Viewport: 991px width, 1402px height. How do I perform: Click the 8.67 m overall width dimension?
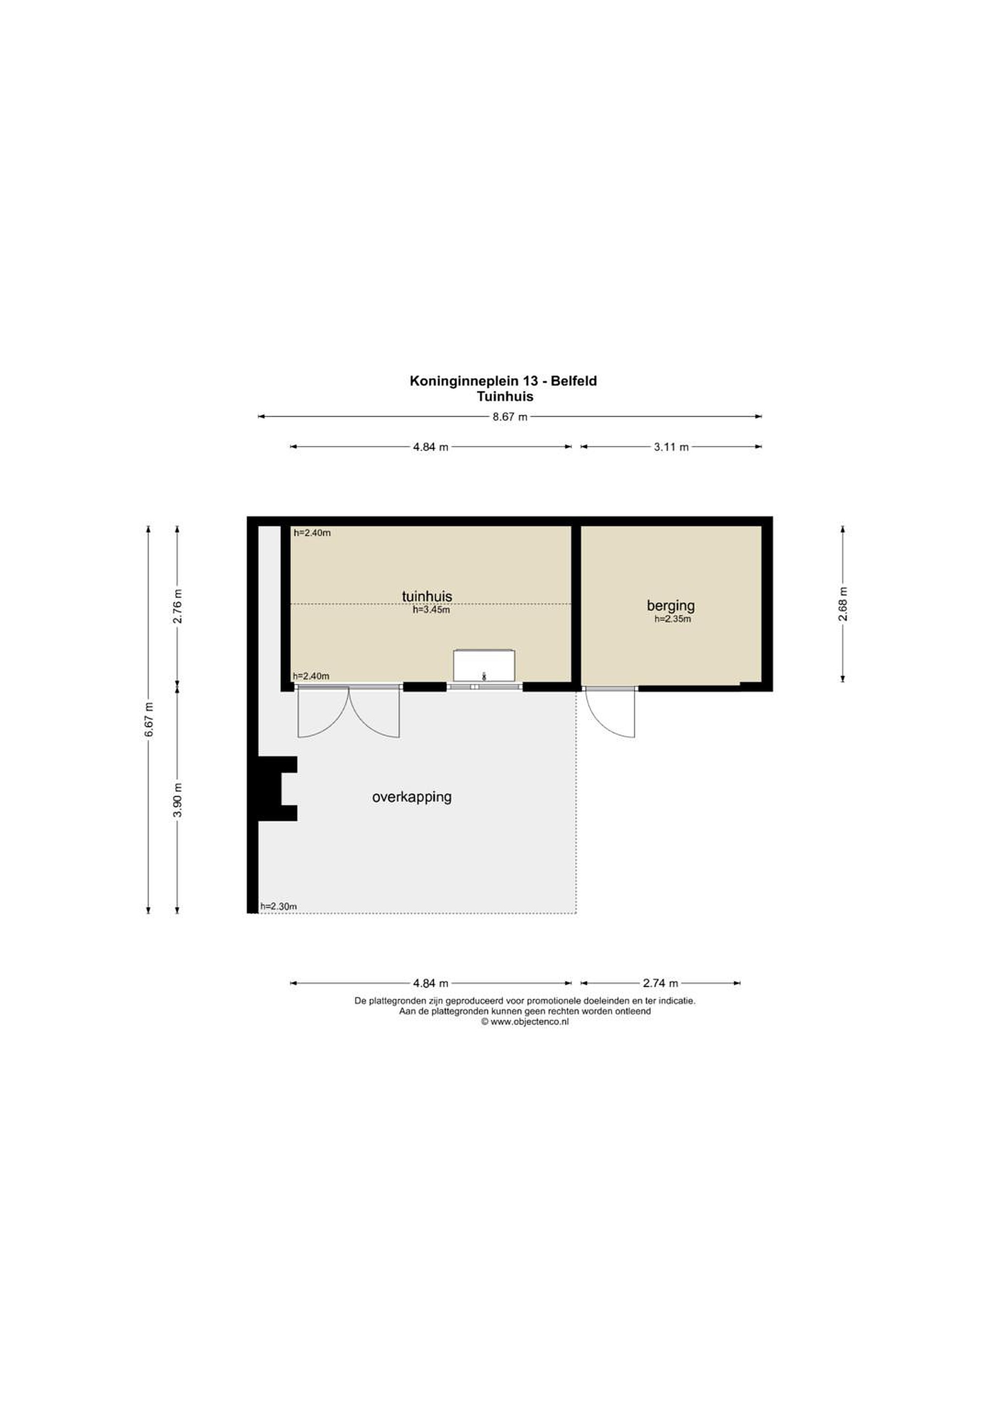tap(510, 417)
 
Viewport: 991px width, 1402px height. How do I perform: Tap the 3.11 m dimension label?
tap(671, 447)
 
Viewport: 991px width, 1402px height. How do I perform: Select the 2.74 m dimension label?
tap(660, 983)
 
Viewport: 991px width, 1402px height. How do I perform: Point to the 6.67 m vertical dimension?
tap(149, 720)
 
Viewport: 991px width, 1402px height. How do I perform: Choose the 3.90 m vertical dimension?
tap(178, 800)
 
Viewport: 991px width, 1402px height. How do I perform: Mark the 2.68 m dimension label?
tap(843, 604)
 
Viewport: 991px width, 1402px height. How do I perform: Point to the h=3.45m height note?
tap(431, 609)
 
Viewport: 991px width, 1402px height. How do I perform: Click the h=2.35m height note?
tap(672, 619)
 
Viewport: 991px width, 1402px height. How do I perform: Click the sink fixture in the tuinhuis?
tap(484, 665)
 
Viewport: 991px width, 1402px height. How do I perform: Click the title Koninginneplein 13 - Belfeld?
tap(503, 381)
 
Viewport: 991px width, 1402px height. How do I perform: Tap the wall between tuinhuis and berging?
tap(576, 604)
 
